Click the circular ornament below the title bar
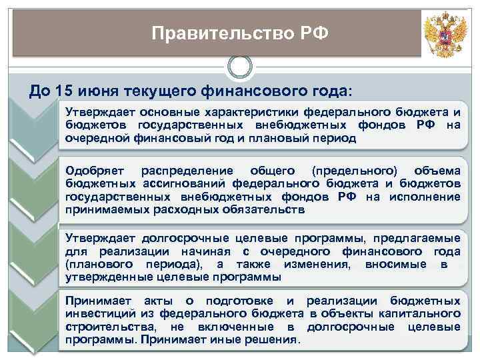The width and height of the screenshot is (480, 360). point(240,67)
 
